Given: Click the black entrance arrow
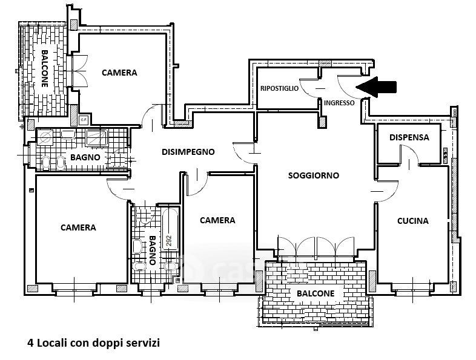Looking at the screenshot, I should [376, 87].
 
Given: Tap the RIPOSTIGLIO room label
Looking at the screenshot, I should [279, 88].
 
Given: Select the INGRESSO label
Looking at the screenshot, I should [339, 103].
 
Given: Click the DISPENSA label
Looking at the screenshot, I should [409, 137].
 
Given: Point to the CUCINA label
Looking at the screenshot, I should [412, 221].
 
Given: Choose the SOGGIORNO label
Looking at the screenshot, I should [314, 175].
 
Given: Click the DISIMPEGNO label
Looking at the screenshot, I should [188, 152].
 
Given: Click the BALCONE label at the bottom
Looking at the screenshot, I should [315, 293].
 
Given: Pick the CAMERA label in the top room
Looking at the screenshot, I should [119, 73].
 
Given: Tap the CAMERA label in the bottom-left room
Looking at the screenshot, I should [78, 227].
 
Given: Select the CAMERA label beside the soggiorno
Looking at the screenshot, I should [217, 220].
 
